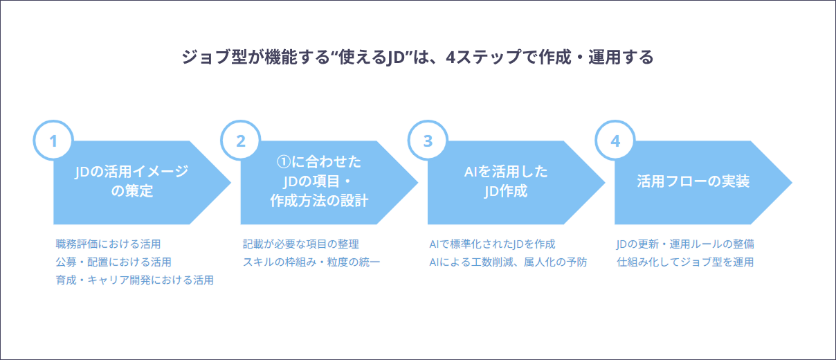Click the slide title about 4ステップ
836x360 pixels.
click(417, 57)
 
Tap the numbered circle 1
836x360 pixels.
click(53, 141)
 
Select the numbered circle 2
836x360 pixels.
click(241, 141)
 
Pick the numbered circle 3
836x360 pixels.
click(428, 141)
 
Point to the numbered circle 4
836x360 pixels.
click(615, 141)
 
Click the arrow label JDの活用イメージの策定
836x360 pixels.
click(131, 181)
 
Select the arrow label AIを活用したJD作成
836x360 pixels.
click(506, 181)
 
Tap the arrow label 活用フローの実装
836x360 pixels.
click(693, 181)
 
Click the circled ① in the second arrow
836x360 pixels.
click(284, 162)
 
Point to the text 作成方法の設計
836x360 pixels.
click(319, 201)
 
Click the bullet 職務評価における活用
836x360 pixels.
click(108, 244)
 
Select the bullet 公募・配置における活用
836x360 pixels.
click(113, 262)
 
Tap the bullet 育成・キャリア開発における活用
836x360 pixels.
click(135, 280)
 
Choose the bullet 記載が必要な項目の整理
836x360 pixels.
click(301, 244)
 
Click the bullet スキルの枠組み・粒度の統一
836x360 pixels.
click(311, 262)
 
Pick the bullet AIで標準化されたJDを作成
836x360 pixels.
click(492, 244)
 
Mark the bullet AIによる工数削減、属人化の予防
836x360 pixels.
click(508, 262)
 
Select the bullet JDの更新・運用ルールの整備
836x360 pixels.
click(685, 244)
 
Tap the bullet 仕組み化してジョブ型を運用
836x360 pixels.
click(685, 262)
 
